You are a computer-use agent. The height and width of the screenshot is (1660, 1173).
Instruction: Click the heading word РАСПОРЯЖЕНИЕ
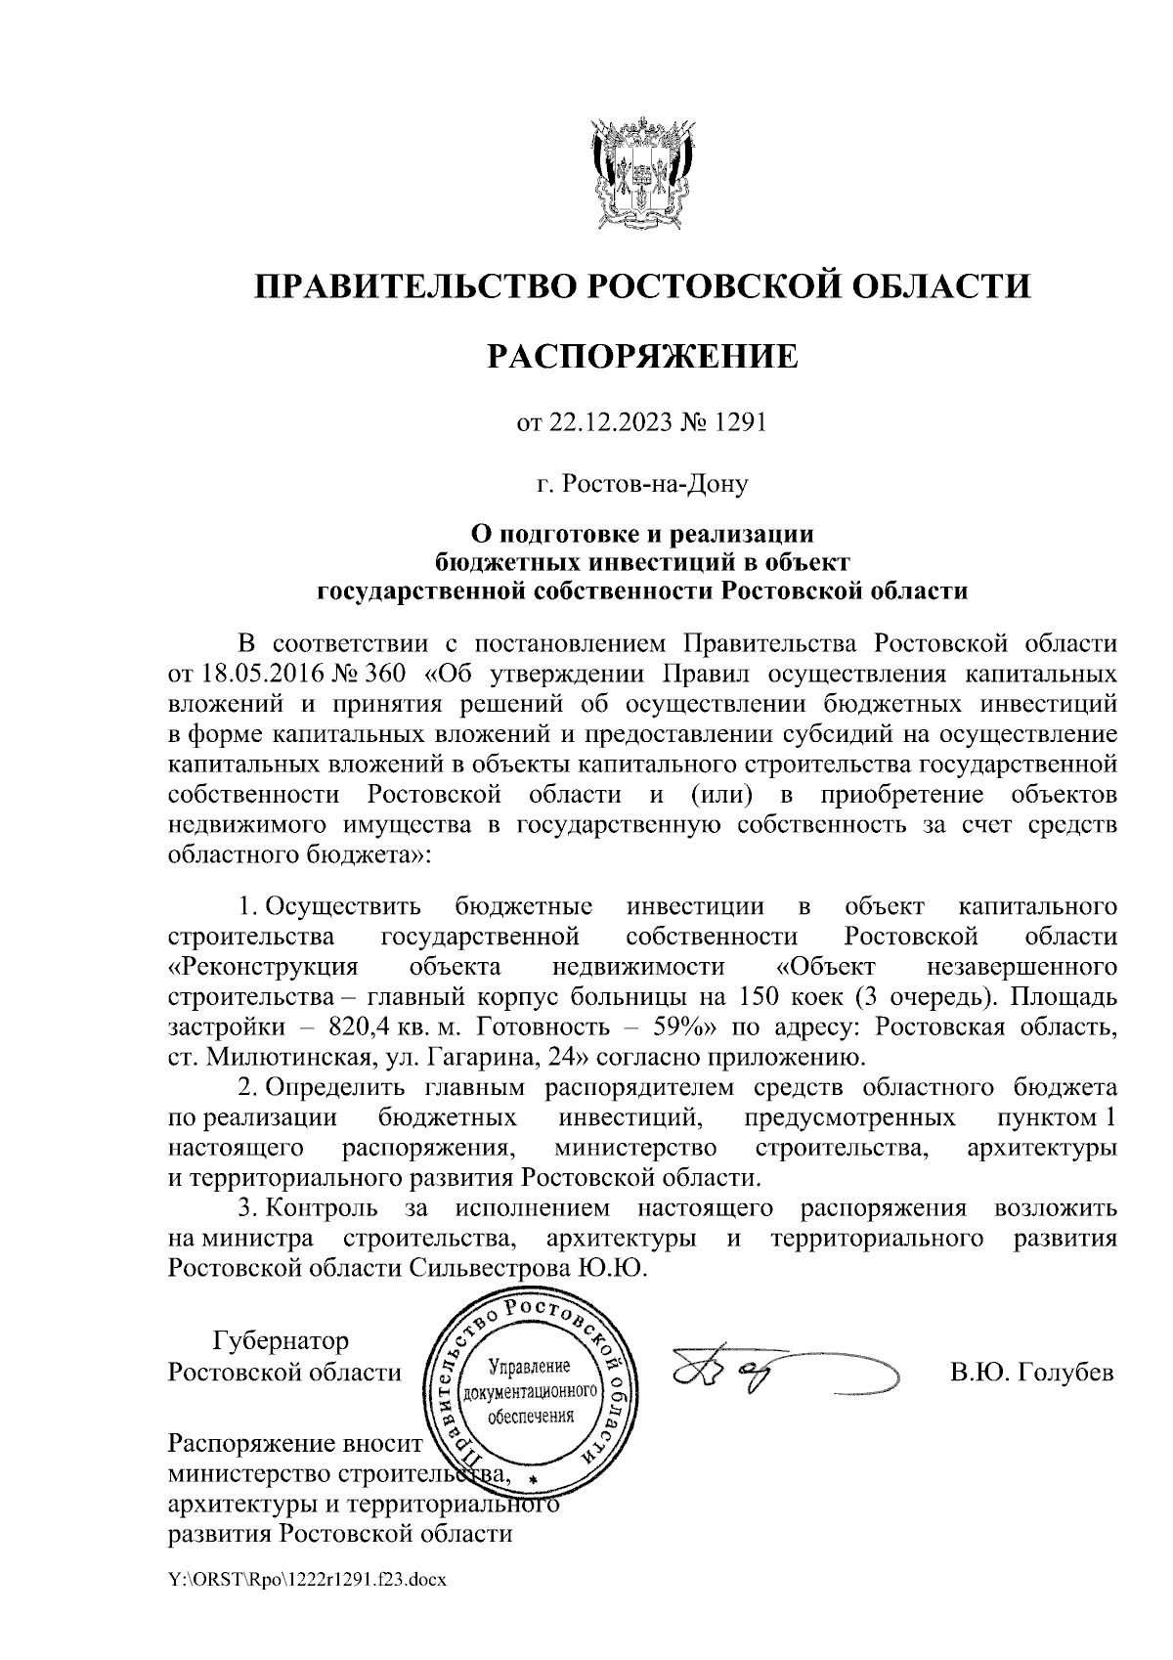tap(643, 356)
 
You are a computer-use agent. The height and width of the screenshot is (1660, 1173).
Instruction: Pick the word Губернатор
tap(281, 1340)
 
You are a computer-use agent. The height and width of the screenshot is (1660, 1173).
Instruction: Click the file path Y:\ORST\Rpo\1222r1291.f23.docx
tap(307, 1605)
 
